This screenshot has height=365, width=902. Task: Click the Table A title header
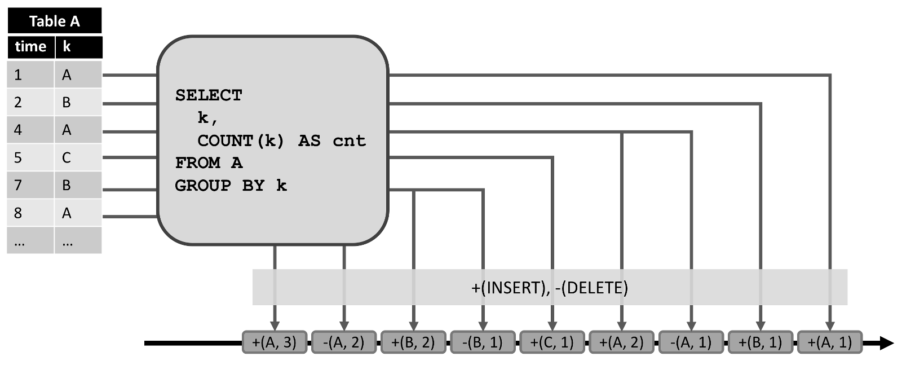[54, 21]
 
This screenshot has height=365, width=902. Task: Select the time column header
[30, 47]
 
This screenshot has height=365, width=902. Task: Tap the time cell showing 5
[30, 157]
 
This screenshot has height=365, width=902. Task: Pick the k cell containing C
[78, 157]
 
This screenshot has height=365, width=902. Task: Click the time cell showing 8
[30, 213]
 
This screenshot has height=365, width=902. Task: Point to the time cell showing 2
[30, 102]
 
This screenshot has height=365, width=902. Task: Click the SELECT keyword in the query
[209, 95]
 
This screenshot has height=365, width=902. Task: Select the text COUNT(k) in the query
[241, 140]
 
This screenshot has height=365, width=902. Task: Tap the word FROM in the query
[197, 163]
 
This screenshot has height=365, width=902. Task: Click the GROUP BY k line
[231, 186]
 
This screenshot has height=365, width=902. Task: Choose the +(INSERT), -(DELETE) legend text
[549, 288]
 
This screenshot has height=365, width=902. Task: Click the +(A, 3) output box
[275, 342]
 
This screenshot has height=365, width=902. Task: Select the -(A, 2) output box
[344, 342]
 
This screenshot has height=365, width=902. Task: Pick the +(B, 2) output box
[413, 342]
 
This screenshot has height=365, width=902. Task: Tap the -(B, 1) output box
[483, 342]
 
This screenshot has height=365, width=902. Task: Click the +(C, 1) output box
[552, 342]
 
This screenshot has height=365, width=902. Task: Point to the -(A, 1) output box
[691, 342]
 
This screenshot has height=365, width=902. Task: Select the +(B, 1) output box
[760, 342]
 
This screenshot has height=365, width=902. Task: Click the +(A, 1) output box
[829, 342]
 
